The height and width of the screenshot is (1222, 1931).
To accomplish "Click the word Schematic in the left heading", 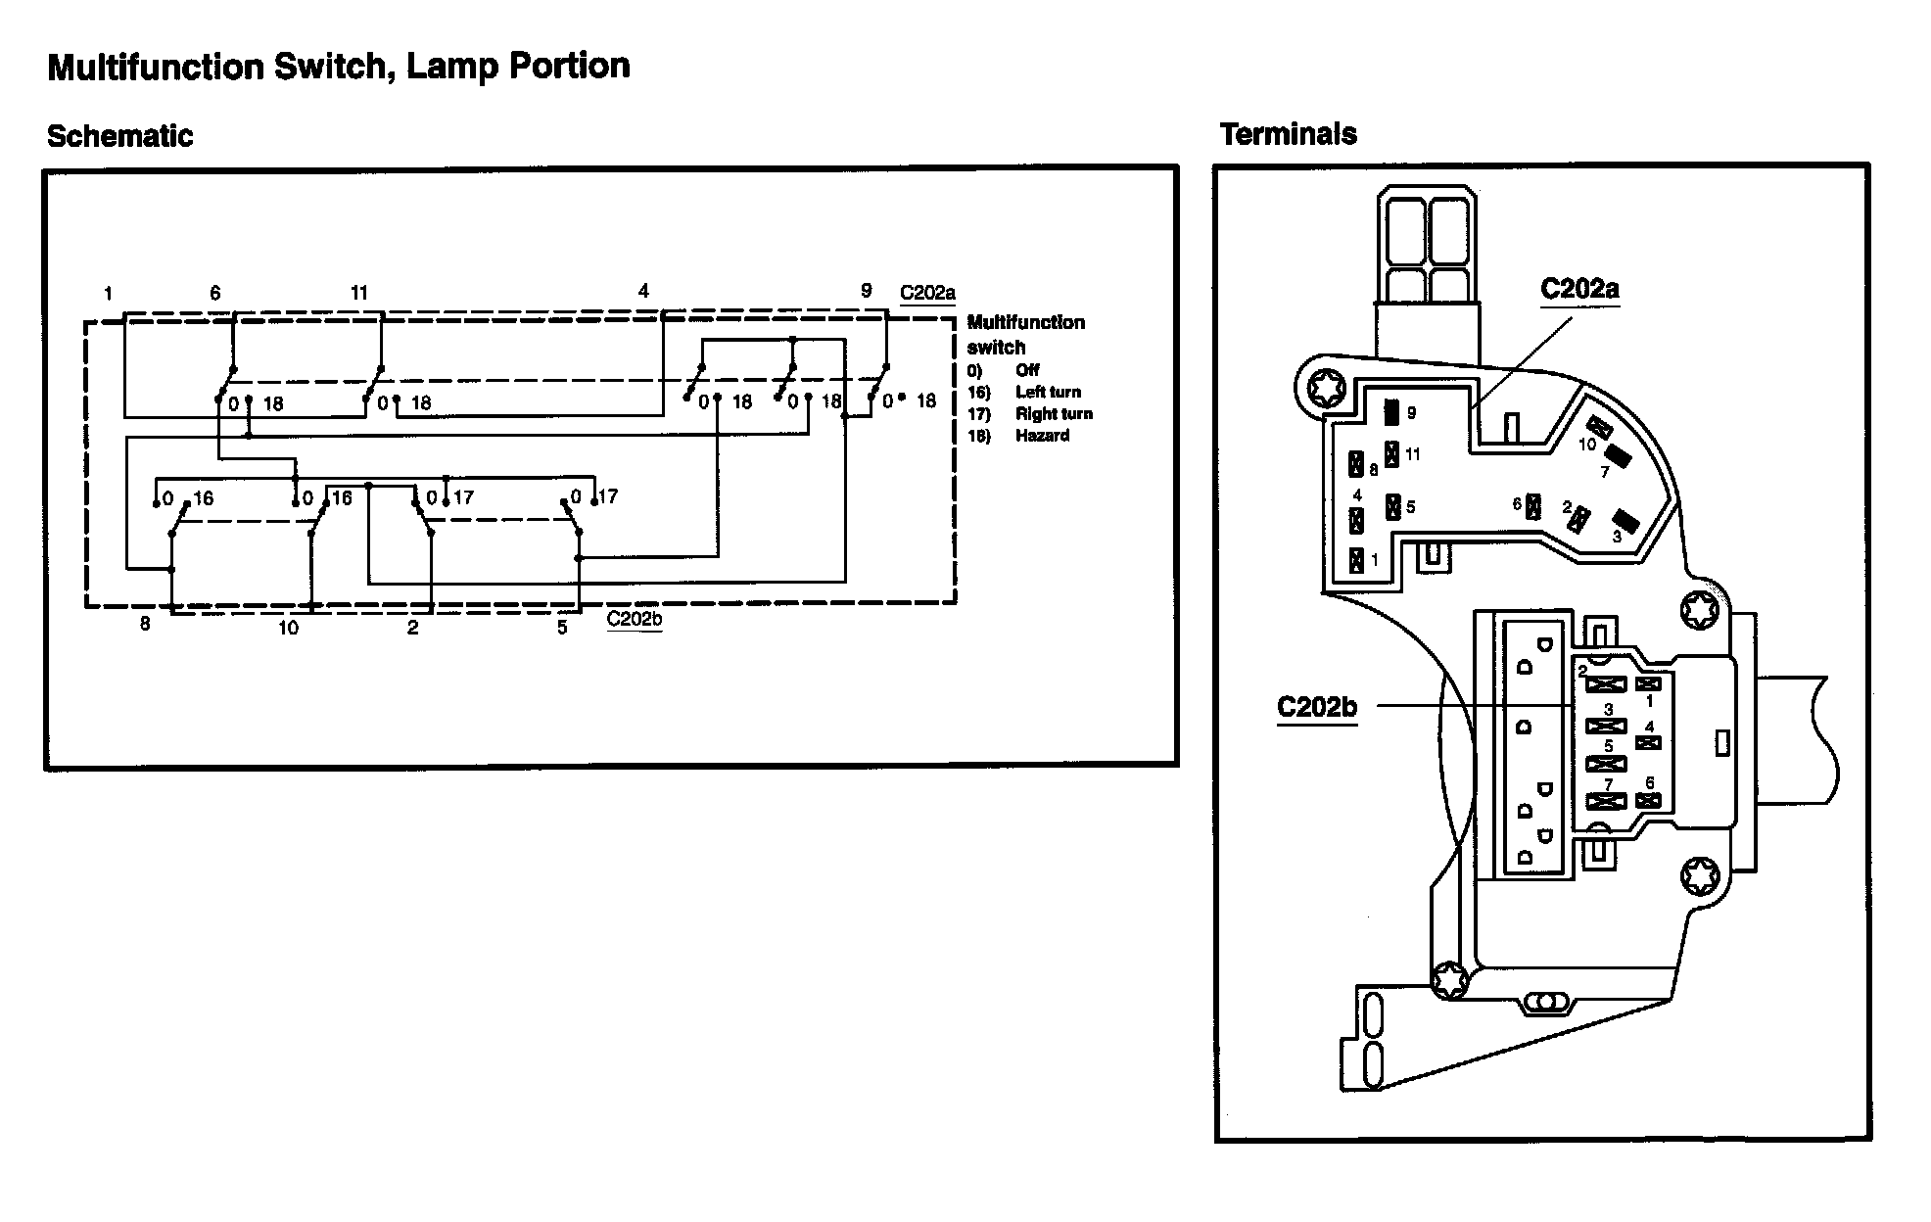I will coord(119,136).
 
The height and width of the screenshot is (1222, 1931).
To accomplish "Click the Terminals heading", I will coord(1288,134).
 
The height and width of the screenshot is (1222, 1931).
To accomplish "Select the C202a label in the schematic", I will coord(926,292).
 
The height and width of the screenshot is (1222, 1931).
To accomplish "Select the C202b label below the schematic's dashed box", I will coord(634,619).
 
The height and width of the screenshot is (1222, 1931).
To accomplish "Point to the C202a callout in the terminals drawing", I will coord(1579,289).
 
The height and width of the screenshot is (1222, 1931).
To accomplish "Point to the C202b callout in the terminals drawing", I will coord(1317,706).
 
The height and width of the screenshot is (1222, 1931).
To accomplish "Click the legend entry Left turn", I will coord(1048,392).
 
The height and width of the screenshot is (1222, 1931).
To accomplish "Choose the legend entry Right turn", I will coord(1054,413).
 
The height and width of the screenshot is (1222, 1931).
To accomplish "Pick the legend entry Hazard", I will coord(1042,435).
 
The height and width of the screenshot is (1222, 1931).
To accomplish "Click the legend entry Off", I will coord(1027,370).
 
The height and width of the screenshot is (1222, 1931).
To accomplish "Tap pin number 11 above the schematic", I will coord(359,292).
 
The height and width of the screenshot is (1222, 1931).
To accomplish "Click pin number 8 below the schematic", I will coord(145,624).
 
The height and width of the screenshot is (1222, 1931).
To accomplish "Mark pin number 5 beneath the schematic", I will coord(562,628).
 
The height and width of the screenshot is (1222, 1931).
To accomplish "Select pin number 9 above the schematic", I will coord(866,291).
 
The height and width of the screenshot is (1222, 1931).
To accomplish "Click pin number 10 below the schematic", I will coord(288,628).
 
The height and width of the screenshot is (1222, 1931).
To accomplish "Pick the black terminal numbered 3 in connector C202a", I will coord(1625,521).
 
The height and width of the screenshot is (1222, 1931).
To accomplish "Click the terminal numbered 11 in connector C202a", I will coord(1391,455).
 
